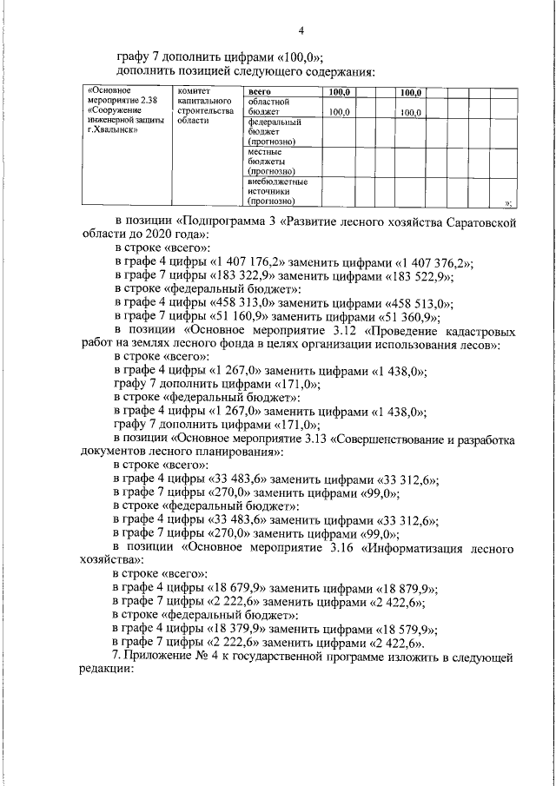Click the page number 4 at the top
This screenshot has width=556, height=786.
coord(301,31)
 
